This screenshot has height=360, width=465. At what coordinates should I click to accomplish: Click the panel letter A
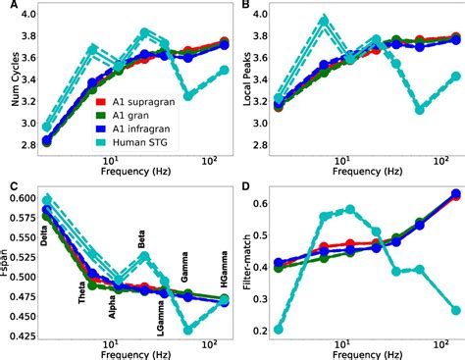[8, 7]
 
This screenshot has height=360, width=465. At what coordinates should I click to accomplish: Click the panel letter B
[243, 7]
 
